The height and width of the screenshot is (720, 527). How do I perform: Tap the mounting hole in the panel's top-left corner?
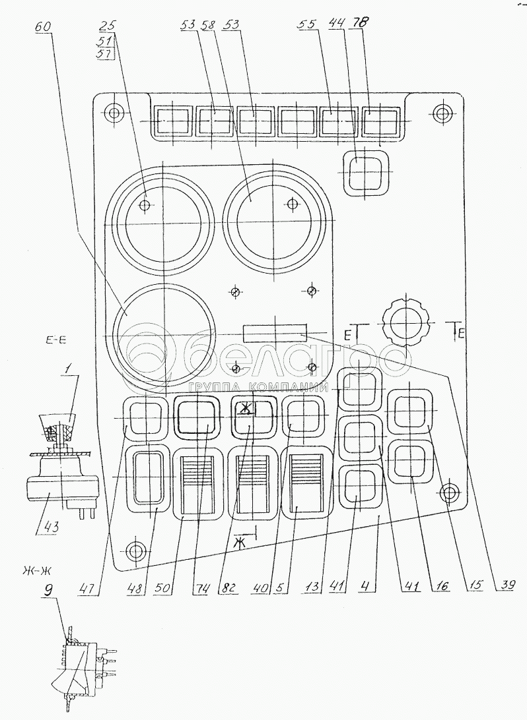coord(114,113)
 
